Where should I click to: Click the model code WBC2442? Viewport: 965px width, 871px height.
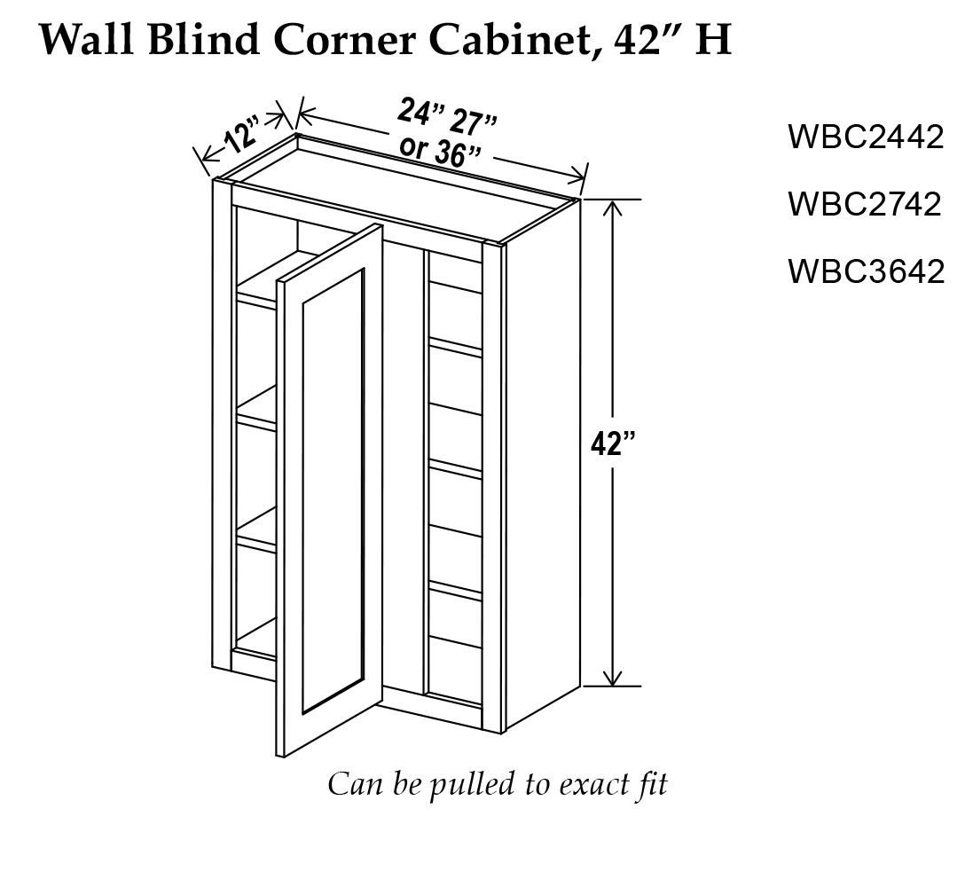[865, 137]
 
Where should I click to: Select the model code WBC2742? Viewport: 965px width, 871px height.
[865, 204]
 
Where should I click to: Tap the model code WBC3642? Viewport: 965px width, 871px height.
[865, 271]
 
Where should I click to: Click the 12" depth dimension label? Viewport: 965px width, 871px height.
[239, 137]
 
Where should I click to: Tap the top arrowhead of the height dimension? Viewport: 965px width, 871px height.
[611, 206]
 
